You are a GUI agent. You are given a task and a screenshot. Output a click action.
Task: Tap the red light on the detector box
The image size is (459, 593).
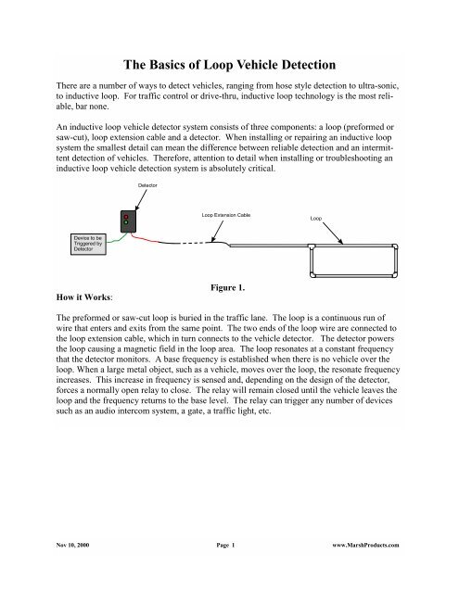click(x=126, y=217)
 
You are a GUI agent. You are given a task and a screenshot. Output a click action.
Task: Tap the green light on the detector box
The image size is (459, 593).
click(x=126, y=222)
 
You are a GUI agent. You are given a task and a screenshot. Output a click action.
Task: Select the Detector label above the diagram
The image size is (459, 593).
click(x=147, y=185)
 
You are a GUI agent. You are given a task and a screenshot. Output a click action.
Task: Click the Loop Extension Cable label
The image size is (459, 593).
click(x=226, y=215)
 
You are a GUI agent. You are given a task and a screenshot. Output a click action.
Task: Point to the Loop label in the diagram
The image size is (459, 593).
click(x=316, y=219)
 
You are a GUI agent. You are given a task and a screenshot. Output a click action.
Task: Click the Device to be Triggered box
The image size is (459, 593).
click(x=88, y=244)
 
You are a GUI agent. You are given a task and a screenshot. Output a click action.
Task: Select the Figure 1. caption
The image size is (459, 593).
click(x=228, y=287)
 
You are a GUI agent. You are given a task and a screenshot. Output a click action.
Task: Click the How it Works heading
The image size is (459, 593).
click(x=84, y=297)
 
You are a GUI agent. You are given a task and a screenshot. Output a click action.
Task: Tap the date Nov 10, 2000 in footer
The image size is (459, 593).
click(x=72, y=545)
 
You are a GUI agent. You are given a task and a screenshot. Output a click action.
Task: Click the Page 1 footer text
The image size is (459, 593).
click(x=225, y=545)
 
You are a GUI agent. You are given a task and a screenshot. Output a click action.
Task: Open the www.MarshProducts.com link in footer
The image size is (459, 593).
click(x=365, y=545)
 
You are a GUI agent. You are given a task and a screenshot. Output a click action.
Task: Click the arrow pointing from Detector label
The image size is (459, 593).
click(x=141, y=200)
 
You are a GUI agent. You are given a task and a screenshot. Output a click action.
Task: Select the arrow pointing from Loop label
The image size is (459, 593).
click(x=333, y=233)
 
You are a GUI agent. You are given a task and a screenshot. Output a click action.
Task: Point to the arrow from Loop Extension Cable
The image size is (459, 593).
click(x=217, y=231)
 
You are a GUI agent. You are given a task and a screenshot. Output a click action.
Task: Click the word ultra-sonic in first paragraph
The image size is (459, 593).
click(x=378, y=86)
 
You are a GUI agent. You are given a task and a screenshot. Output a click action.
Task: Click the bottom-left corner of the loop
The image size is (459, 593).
click(x=312, y=275)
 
